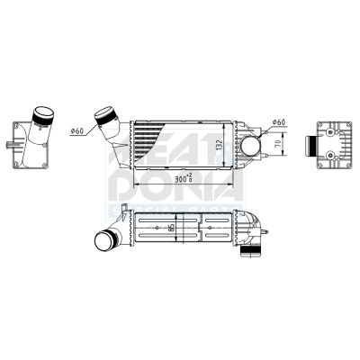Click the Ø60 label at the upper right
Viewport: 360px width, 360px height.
[278, 121]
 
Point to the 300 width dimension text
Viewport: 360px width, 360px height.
[184, 179]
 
